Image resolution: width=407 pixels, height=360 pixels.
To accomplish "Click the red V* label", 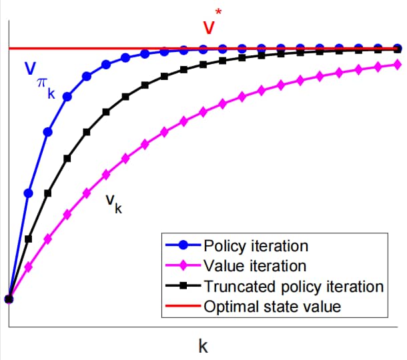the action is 212,22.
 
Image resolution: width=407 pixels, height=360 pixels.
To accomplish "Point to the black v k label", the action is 113,203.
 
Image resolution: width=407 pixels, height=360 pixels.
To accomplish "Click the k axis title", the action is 203,346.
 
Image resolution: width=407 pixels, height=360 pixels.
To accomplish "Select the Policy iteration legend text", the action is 256,246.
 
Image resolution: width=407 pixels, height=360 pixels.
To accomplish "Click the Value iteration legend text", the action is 255,266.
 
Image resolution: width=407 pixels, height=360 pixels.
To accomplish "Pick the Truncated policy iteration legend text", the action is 294,287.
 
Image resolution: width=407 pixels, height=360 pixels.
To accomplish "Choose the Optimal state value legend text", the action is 272,307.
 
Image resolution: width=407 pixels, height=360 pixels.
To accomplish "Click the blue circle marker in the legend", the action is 183,245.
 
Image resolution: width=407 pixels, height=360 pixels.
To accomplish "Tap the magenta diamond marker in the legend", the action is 183,265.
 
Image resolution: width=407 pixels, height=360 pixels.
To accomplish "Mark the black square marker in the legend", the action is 183,286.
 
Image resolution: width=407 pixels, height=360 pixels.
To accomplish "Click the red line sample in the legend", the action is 183,306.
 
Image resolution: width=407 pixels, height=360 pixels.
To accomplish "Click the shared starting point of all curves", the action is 9,299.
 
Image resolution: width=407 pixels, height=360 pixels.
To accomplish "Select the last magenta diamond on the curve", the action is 397,65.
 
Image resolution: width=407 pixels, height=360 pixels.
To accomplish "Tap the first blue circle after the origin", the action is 29,193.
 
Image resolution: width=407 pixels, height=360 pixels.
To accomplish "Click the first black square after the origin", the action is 29,239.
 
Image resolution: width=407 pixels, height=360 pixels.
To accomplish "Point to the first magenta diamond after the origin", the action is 29,267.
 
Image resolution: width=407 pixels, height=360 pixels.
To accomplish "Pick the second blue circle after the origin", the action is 48,132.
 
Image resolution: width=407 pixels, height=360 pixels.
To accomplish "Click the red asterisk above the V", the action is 218,12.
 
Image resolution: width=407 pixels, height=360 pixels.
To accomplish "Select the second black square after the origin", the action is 48,193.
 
